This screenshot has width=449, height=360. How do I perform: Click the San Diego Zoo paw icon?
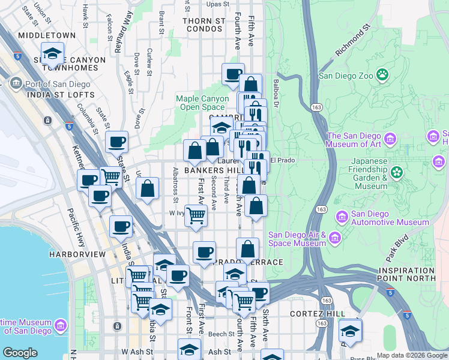382,75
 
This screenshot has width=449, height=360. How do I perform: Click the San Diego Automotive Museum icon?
342,216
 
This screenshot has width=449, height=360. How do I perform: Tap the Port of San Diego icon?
16,83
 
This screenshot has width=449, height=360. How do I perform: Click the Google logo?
20,353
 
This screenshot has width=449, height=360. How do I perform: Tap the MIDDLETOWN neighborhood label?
47,35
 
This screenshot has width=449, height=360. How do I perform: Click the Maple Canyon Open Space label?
202,103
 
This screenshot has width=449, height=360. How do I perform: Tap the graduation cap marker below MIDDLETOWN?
52,53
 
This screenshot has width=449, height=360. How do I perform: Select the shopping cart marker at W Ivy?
196,215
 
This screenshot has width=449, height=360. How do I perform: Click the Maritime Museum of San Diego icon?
60,326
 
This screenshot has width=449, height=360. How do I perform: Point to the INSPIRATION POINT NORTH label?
406,274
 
